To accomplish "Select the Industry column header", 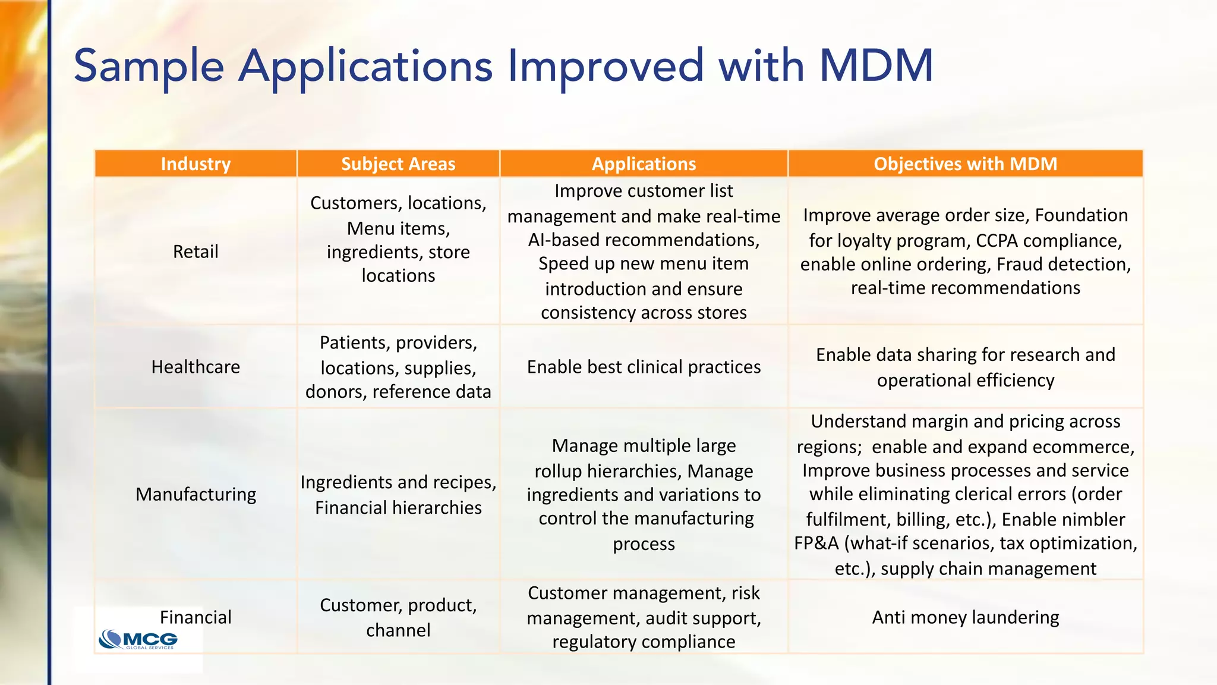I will (x=196, y=164).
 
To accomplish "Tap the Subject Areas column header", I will (x=398, y=164).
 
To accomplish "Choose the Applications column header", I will (x=644, y=164).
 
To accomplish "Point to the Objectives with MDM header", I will (x=965, y=164).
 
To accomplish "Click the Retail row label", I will (x=196, y=252).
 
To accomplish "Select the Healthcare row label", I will (x=196, y=367).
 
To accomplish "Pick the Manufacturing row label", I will (x=196, y=494).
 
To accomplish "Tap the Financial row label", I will (x=196, y=617).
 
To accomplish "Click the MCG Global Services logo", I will (x=138, y=640).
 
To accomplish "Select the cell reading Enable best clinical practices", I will (x=644, y=367).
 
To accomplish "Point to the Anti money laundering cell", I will (x=965, y=617).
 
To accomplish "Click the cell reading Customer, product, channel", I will (x=398, y=617).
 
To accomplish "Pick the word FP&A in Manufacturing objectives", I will (x=816, y=543).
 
